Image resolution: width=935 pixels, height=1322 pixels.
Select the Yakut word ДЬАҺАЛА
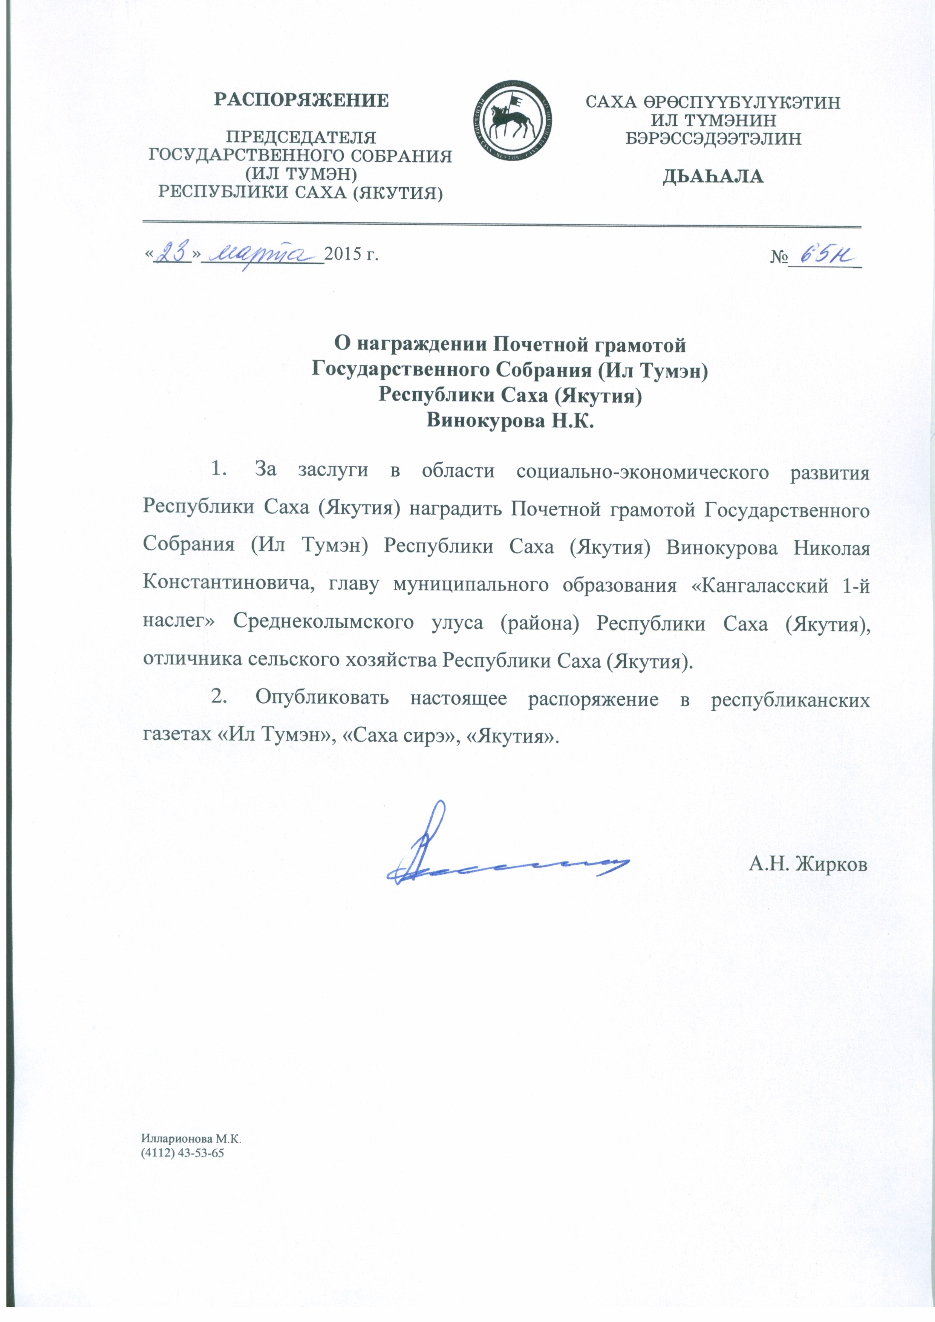coord(713,177)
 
